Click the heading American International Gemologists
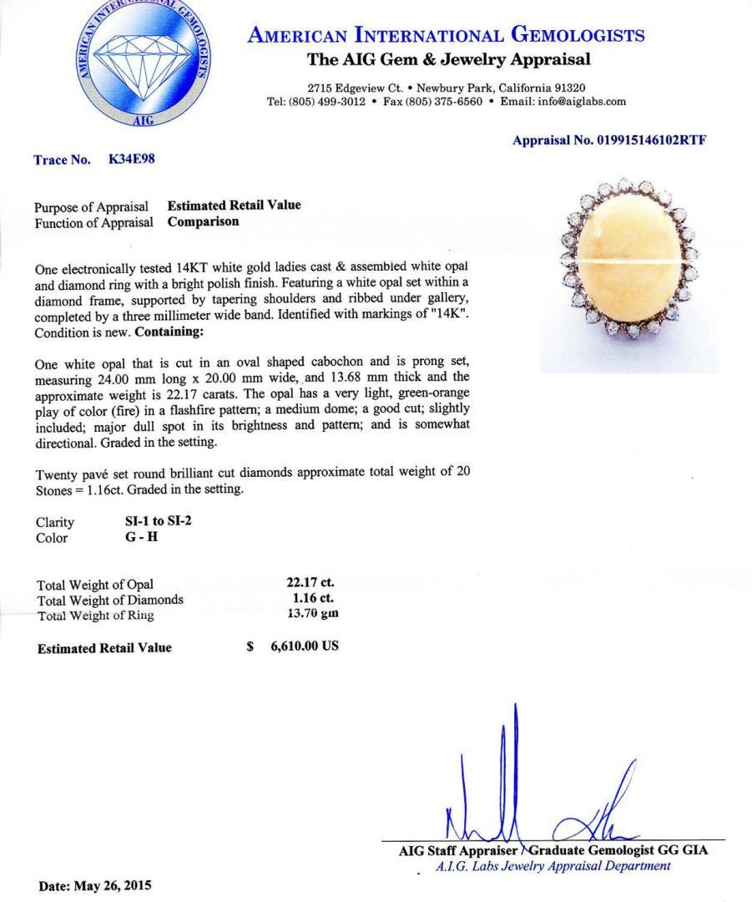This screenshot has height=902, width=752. click(446, 35)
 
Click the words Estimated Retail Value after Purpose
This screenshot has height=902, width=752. click(234, 205)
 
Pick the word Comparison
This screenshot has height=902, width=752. click(203, 222)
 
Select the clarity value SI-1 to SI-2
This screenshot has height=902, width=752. click(152, 522)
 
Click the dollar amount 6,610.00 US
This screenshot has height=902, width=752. click(305, 647)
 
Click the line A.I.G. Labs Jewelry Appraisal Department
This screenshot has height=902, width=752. click(553, 866)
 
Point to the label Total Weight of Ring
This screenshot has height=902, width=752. click(95, 616)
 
